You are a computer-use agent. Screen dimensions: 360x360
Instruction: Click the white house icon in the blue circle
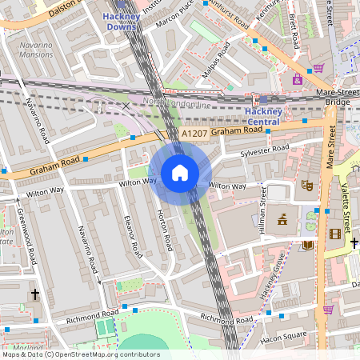[180, 173]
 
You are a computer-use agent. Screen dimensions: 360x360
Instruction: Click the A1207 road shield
[194, 133]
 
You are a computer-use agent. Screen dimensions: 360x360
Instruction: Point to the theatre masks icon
[305, 185]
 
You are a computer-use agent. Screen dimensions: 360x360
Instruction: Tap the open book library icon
[308, 246]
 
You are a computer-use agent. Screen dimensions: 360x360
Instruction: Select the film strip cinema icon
[334, 234]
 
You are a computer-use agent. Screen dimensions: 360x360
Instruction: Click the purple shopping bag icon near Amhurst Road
[318, 67]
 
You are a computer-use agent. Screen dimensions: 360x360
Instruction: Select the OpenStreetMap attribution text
[80, 354]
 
